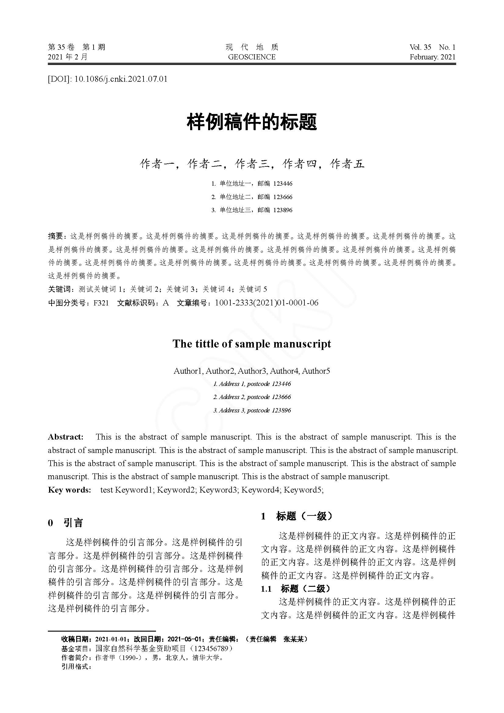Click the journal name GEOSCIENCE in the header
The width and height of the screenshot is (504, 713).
click(x=252, y=57)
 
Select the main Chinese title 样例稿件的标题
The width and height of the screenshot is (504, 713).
click(x=252, y=122)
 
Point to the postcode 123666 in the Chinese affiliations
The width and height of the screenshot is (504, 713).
click(x=283, y=197)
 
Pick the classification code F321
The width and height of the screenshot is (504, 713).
click(x=101, y=303)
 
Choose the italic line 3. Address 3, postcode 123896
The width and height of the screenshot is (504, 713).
click(x=252, y=410)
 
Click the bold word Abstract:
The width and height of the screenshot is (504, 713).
click(x=66, y=437)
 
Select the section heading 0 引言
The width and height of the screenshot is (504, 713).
click(x=66, y=523)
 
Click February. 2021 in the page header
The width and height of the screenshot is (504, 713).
click(x=432, y=57)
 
